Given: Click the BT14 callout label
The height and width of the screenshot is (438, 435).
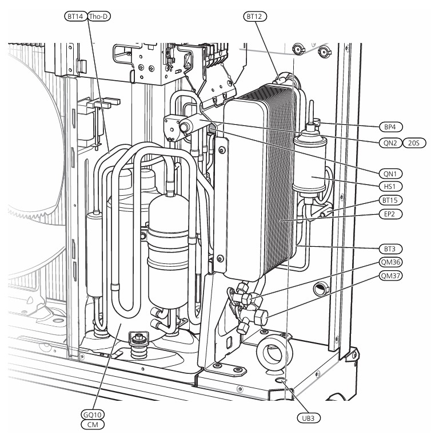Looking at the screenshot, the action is click(x=75, y=17).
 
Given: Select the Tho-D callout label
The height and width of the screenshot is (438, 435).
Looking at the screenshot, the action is click(x=99, y=17).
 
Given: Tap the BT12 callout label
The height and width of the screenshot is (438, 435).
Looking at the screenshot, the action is click(x=255, y=17).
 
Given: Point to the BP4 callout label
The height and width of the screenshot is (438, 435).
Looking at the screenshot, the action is click(x=390, y=127).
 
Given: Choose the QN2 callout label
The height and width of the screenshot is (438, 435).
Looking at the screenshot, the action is click(x=390, y=143).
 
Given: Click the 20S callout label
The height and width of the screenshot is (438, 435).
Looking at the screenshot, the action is click(x=414, y=143).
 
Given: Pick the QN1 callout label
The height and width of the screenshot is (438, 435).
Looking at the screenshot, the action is click(x=390, y=173).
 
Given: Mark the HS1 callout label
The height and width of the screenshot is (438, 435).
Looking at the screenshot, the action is click(x=390, y=186).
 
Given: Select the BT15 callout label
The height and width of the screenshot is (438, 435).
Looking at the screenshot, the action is click(x=390, y=200).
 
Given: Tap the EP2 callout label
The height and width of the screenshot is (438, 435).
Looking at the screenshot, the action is click(x=390, y=214).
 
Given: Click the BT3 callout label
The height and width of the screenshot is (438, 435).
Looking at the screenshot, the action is click(x=390, y=248).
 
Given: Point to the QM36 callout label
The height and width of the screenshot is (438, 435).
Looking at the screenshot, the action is click(x=390, y=262).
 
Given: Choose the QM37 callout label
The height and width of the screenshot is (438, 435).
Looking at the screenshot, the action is click(x=390, y=276).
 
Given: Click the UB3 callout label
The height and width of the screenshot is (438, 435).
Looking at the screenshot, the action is click(x=309, y=418).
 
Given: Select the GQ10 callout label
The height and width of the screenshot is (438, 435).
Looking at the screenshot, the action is click(x=93, y=415).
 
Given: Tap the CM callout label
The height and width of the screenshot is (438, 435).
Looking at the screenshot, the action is click(x=93, y=425).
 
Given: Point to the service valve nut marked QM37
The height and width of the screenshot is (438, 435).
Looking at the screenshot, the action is click(x=261, y=317).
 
